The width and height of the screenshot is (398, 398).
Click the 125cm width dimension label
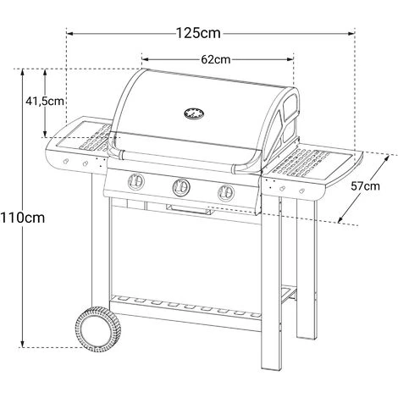pyautogui.click(x=199, y=34)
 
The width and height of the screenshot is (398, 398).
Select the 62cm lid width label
pyautogui.click(x=217, y=60)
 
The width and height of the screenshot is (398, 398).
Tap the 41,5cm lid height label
pyautogui.click(x=42, y=102)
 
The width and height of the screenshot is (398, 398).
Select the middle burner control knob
pyautogui.click(x=180, y=186)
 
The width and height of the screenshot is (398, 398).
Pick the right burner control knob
pyautogui.click(x=224, y=191)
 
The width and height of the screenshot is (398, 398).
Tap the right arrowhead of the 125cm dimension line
pyautogui.click(x=353, y=34)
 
